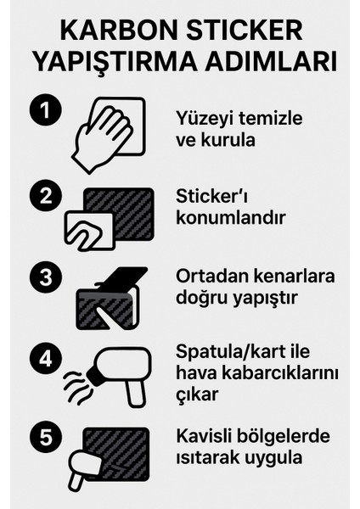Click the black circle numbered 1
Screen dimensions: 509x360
(x=40, y=112)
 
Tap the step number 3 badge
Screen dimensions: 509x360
(x=40, y=278)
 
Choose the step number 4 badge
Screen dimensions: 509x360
(x=40, y=357)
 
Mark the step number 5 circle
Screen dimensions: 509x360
(x=40, y=438)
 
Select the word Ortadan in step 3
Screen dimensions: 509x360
(x=210, y=277)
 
